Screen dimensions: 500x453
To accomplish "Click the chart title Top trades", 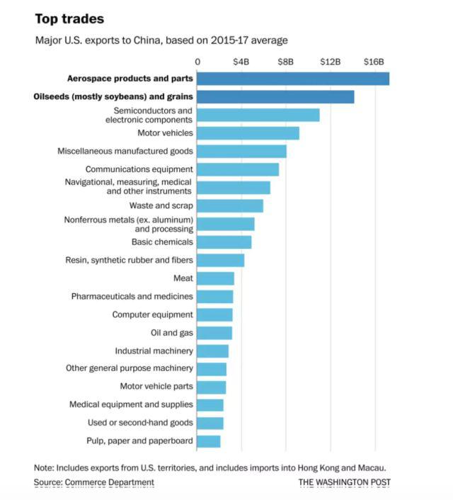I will pos(69,18).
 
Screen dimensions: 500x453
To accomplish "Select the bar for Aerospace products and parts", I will pos(292,79).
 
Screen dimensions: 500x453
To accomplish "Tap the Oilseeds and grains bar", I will pos(275,96).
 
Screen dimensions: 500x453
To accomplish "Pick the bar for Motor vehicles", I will pos(248,133).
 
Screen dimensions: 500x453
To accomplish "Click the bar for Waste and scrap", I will pos(230,205).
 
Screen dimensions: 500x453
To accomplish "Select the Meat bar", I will pos(215,278).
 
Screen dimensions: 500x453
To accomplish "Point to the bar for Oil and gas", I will pos(214,333).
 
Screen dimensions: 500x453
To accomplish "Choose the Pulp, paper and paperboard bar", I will pos(209,441).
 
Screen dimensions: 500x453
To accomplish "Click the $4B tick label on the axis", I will pos(241,62).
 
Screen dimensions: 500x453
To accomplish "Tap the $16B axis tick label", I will pos(374,62).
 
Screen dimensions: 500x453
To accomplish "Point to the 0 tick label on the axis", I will pos(197,62).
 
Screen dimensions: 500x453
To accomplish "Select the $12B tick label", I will pos(331,62).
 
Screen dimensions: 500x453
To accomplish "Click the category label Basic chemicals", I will pos(162,242).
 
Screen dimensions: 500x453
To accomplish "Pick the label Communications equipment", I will pos(139,169).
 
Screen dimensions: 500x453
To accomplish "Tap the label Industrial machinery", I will pos(154,351).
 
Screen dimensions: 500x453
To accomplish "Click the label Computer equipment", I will pos(152,314).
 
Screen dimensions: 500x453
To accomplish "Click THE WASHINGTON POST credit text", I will pos(345,483).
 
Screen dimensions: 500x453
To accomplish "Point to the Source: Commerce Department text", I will pos(93,482).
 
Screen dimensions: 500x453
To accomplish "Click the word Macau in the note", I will pos(372,467).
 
